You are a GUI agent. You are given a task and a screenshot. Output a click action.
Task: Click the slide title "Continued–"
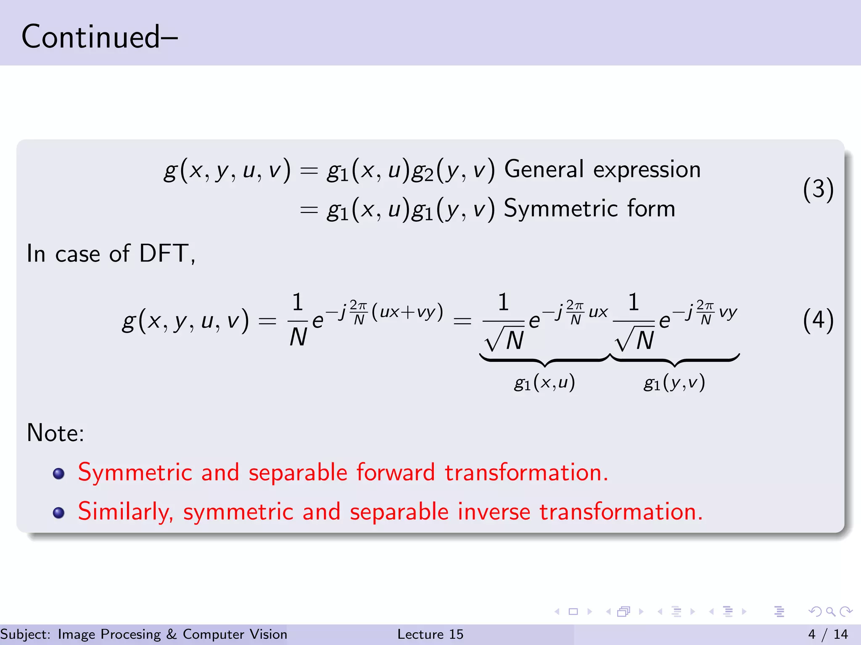pos(99,37)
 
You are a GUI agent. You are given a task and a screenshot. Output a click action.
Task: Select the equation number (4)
pos(818,320)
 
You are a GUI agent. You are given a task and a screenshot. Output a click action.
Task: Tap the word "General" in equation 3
pos(544,170)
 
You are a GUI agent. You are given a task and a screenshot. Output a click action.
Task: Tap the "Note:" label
pos(55,433)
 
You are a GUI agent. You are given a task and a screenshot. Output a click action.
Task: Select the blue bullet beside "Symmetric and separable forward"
pos(59,474)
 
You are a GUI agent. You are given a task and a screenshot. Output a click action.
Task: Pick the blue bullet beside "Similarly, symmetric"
pos(59,513)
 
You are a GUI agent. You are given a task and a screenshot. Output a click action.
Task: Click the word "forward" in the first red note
pos(396,472)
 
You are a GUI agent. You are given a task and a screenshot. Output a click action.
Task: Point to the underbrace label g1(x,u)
pos(544,383)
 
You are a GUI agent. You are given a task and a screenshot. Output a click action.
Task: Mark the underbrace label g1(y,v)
pos(674,383)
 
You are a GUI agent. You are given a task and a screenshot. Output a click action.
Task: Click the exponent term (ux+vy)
pos(407,312)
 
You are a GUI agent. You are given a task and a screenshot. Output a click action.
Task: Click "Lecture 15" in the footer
pos(430,634)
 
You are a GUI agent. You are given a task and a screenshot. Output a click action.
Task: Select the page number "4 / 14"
pos(828,634)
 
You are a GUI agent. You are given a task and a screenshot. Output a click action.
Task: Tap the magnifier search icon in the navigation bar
pos(830,611)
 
